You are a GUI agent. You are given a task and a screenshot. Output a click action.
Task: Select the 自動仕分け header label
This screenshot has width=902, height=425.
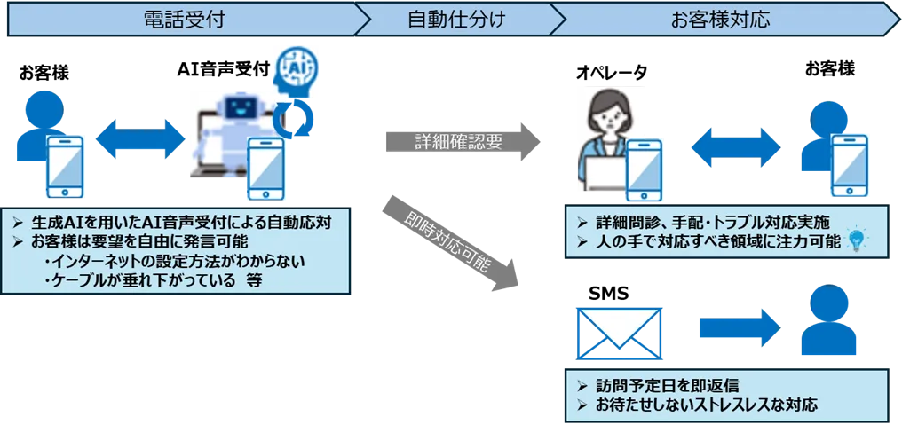point(457,19)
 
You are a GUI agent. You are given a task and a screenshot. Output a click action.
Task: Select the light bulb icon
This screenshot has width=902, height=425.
point(857,239)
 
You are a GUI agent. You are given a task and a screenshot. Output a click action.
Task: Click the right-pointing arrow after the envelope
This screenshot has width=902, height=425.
point(736,327)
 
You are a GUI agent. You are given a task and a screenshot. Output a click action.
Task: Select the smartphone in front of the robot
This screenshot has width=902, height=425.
point(267,169)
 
